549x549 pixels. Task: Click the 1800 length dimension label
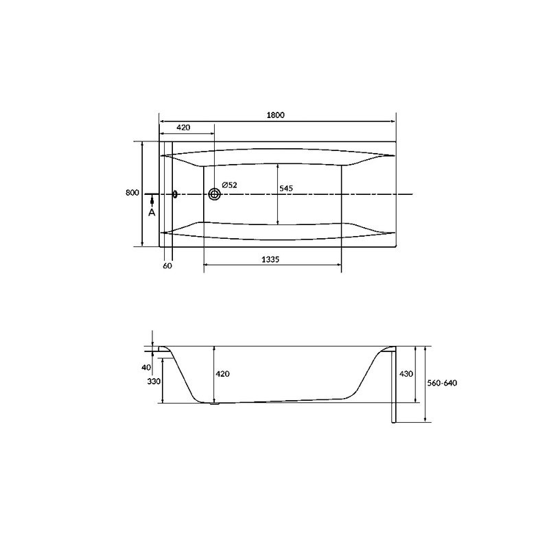276,115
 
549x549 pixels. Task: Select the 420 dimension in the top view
183,128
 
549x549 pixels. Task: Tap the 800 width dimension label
132,193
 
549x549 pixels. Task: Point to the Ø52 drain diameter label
229,185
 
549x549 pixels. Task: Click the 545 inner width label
286,188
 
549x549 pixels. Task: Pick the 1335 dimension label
270,259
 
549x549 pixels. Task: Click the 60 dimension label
167,266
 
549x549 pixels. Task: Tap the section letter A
152,212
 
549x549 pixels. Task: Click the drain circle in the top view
215,194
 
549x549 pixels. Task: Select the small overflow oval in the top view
175,194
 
